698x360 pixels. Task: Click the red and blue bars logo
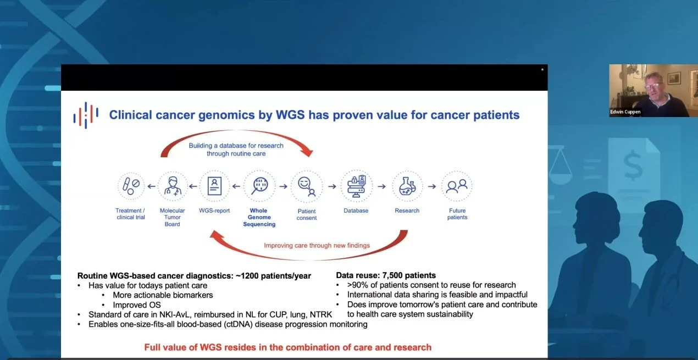(86, 115)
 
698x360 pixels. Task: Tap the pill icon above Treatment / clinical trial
(131, 186)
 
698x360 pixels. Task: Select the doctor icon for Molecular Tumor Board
(173, 186)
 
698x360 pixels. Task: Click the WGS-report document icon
(214, 186)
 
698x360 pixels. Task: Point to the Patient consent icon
(307, 186)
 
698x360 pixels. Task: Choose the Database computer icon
(356, 186)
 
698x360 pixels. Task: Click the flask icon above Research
(407, 186)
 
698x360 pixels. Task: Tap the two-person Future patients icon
(457, 186)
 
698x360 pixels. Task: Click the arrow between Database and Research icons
(382, 186)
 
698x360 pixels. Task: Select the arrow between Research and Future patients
(432, 186)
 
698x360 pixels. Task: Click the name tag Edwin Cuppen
(625, 112)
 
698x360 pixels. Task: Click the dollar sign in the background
(633, 165)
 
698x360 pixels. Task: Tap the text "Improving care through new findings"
(317, 245)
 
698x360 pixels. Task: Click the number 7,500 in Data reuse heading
(394, 275)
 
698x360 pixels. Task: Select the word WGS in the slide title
(290, 115)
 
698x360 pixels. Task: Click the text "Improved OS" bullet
(137, 305)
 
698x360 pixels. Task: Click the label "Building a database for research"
(236, 146)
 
